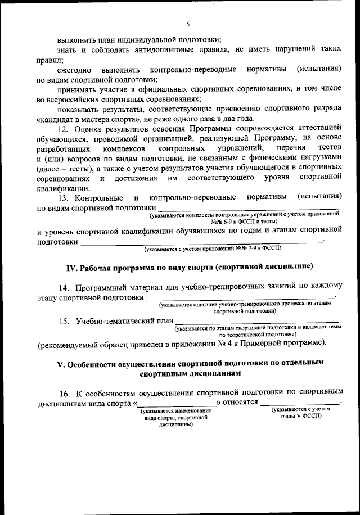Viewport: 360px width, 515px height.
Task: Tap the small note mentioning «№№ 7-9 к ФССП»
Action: (x=213, y=247)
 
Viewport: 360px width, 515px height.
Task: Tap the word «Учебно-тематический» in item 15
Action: (x=118, y=321)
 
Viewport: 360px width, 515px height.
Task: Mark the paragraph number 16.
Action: (x=65, y=392)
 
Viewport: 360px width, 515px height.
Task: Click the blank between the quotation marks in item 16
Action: (x=177, y=403)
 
